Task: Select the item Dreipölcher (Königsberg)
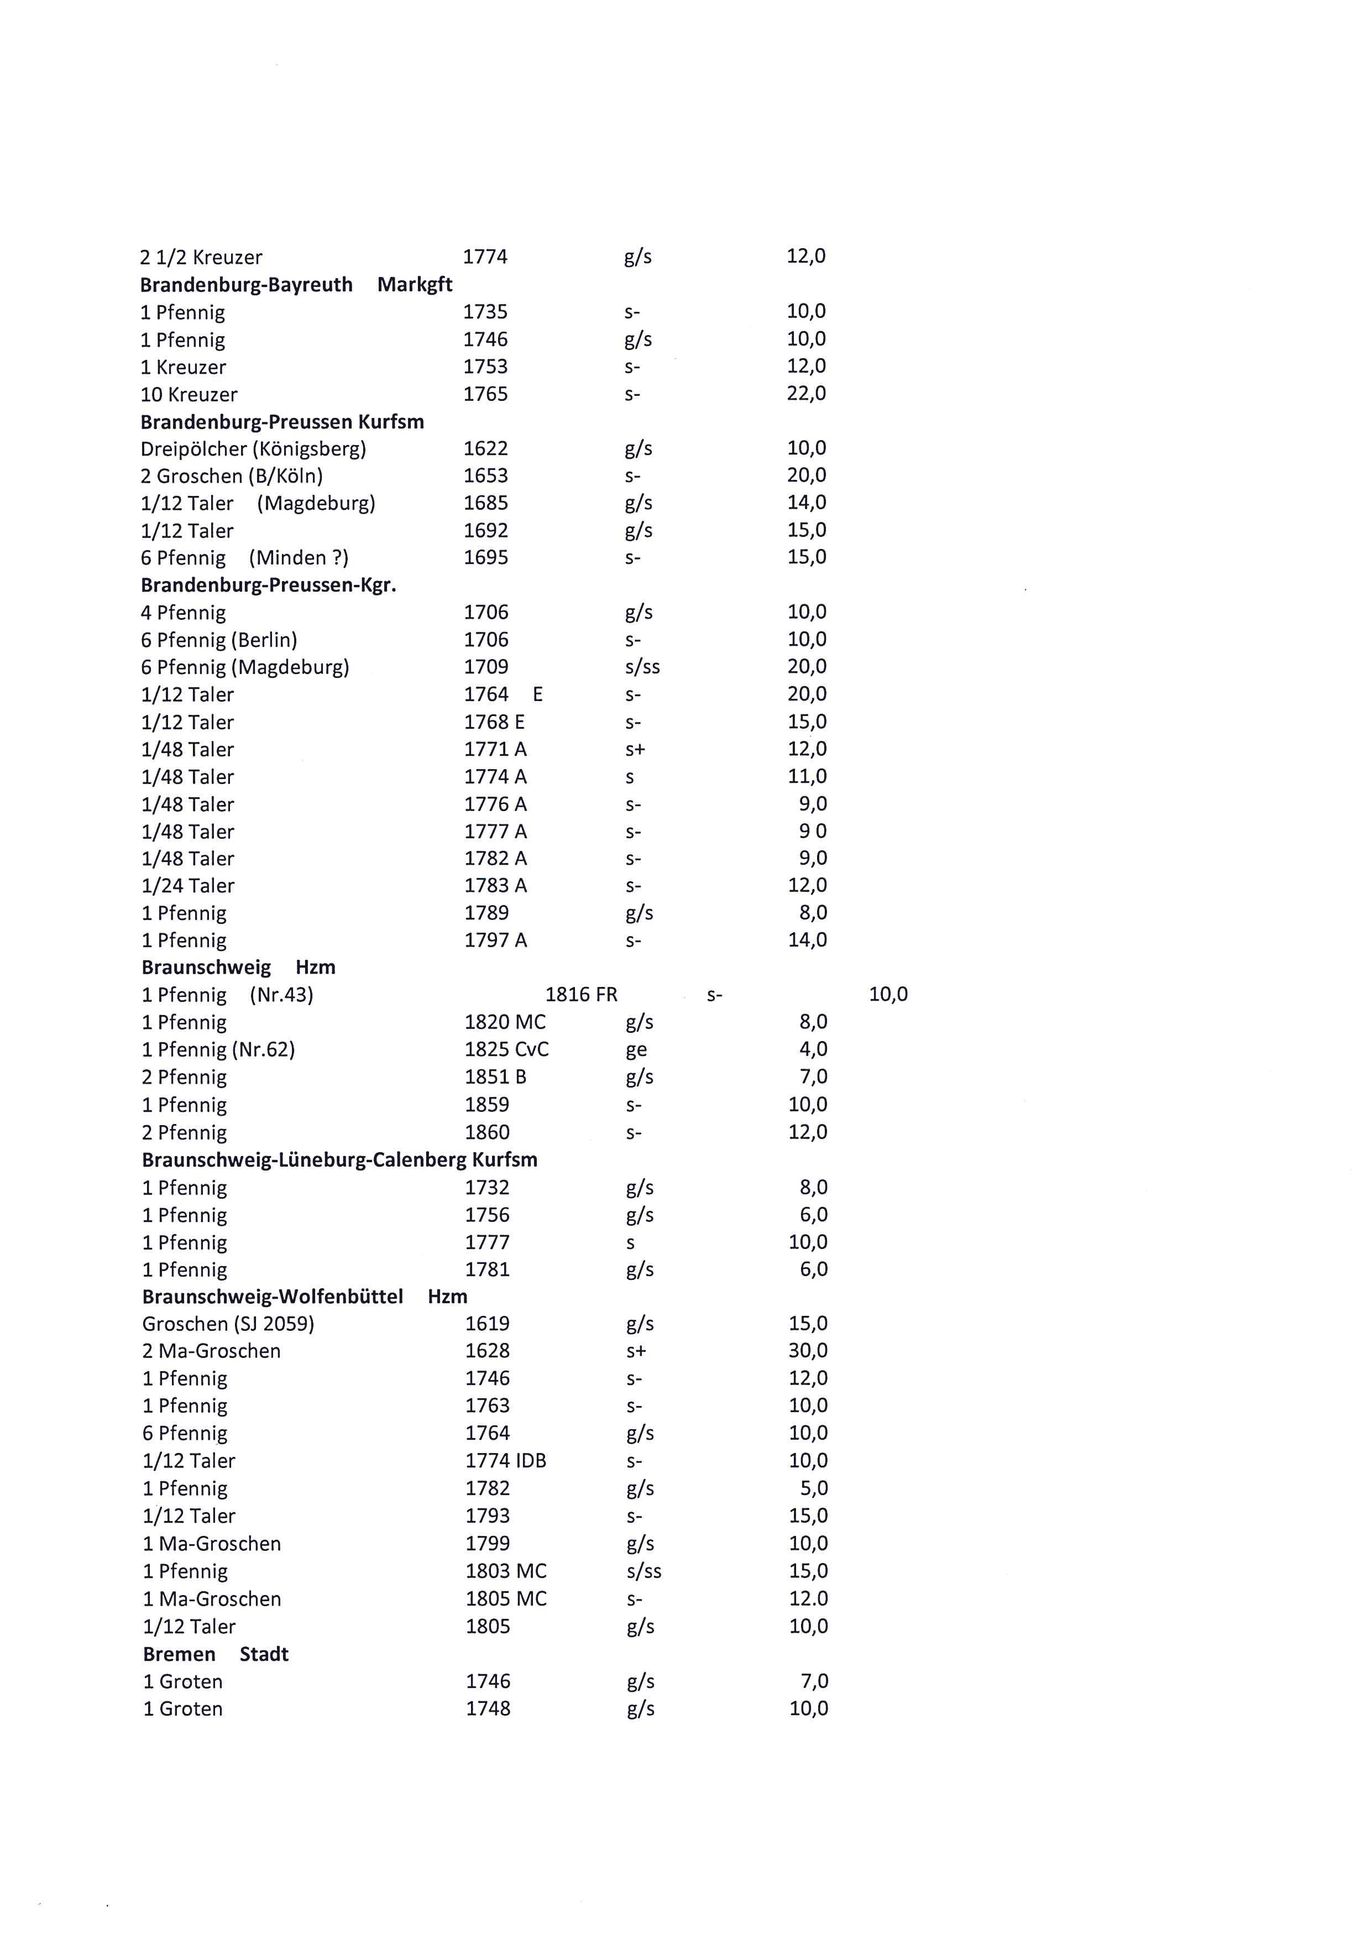[253, 448]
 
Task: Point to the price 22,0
[806, 394]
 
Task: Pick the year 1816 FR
[581, 995]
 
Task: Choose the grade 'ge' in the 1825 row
[636, 1050]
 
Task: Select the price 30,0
[808, 1350]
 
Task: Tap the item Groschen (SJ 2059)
[228, 1323]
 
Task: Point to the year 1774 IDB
[506, 1460]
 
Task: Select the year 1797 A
[495, 940]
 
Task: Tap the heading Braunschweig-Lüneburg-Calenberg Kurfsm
[339, 1159]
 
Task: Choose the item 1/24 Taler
[187, 886]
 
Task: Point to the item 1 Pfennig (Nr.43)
[227, 995]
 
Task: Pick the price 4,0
[813, 1049]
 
